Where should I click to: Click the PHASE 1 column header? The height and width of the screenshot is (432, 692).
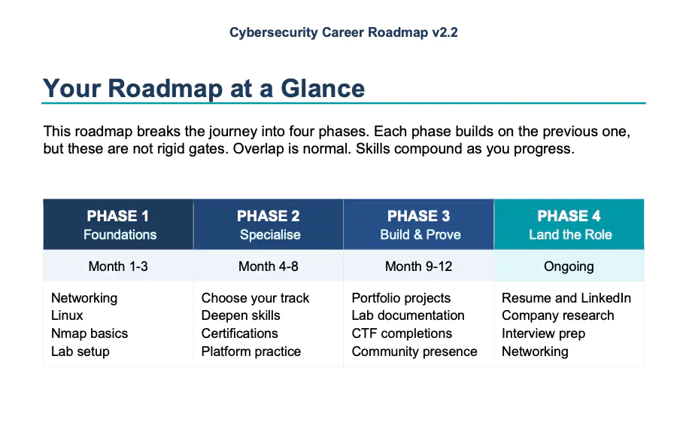[119, 217]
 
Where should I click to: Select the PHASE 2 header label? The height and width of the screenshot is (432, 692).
[269, 217]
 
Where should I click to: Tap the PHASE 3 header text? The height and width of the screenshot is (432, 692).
[419, 217]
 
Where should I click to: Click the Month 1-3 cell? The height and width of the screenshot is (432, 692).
[119, 266]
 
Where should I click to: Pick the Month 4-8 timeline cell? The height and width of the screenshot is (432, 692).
[269, 266]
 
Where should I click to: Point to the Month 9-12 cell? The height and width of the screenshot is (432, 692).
[419, 266]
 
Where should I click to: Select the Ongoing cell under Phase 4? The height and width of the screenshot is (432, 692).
[569, 266]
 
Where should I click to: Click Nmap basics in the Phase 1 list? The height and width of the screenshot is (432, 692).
[90, 333]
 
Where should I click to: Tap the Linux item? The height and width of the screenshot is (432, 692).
[67, 315]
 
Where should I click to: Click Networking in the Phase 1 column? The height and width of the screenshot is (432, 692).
[84, 298]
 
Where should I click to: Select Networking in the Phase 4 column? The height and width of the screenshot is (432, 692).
[535, 351]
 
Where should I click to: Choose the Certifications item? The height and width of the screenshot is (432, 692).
[239, 333]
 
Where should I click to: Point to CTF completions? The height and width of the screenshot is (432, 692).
[402, 333]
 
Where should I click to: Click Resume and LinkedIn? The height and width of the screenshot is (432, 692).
[566, 298]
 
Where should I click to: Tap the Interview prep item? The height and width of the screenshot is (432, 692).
[543, 333]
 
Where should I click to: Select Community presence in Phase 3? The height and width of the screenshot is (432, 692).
[414, 351]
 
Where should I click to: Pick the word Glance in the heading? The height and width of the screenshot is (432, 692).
[323, 88]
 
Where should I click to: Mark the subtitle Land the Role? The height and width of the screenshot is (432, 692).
[570, 235]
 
